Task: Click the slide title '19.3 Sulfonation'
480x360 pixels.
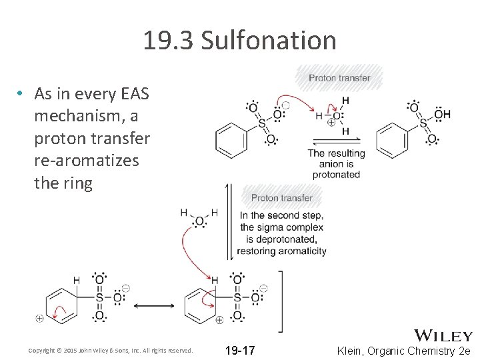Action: tap(239, 41)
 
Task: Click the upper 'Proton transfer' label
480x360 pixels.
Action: tap(339, 78)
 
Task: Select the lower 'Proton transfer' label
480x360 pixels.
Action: tap(281, 197)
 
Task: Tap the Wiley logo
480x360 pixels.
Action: tap(443, 335)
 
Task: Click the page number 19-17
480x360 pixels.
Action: tap(239, 350)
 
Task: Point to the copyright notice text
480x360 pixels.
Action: tap(111, 350)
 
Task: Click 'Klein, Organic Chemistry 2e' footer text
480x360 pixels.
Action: tap(404, 350)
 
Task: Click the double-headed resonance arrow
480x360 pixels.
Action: tap(154, 306)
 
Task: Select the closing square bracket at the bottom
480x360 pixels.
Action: tap(281, 301)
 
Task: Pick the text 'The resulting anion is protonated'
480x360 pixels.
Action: tap(337, 163)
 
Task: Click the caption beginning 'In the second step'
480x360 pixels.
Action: tap(283, 233)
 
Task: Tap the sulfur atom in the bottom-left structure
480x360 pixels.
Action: tap(99, 297)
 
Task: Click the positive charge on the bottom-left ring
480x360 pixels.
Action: tap(40, 319)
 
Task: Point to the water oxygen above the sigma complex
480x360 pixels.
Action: tap(199, 221)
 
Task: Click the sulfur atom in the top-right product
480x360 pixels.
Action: tap(423, 123)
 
